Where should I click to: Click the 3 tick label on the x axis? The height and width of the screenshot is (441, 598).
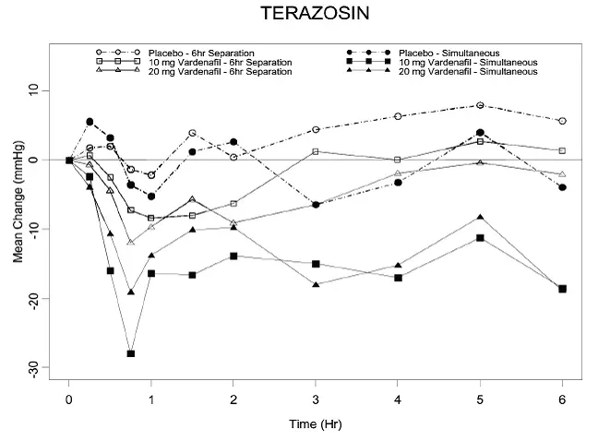pyautogui.click(x=316, y=400)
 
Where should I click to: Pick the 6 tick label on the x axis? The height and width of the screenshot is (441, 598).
pyautogui.click(x=563, y=400)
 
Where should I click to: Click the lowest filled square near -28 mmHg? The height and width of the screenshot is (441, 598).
pyautogui.click(x=131, y=353)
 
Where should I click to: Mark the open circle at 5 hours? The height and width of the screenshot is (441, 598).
pyautogui.click(x=480, y=105)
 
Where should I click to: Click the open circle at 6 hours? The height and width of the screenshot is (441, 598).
pyautogui.click(x=563, y=121)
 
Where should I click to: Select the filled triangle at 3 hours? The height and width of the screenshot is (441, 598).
pyautogui.click(x=316, y=284)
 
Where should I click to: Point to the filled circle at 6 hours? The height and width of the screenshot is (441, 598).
pyautogui.click(x=563, y=187)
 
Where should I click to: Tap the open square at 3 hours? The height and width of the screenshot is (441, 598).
pyautogui.click(x=316, y=151)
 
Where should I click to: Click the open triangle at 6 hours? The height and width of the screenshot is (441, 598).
pyautogui.click(x=563, y=174)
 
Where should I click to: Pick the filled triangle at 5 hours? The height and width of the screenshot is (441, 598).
pyautogui.click(x=480, y=217)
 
